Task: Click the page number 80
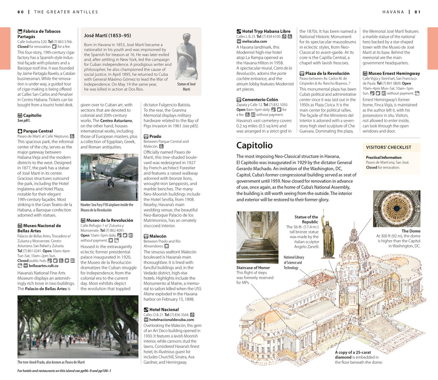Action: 20,12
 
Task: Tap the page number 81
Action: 417,12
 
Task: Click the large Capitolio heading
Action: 255,145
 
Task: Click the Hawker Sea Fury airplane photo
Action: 109,177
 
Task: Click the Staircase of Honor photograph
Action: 257,237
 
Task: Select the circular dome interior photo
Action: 397,209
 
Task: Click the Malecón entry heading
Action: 158,236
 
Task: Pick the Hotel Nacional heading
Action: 164,309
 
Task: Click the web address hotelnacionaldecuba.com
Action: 172,319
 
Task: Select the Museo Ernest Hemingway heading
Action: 394,74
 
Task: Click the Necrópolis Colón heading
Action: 260,100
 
